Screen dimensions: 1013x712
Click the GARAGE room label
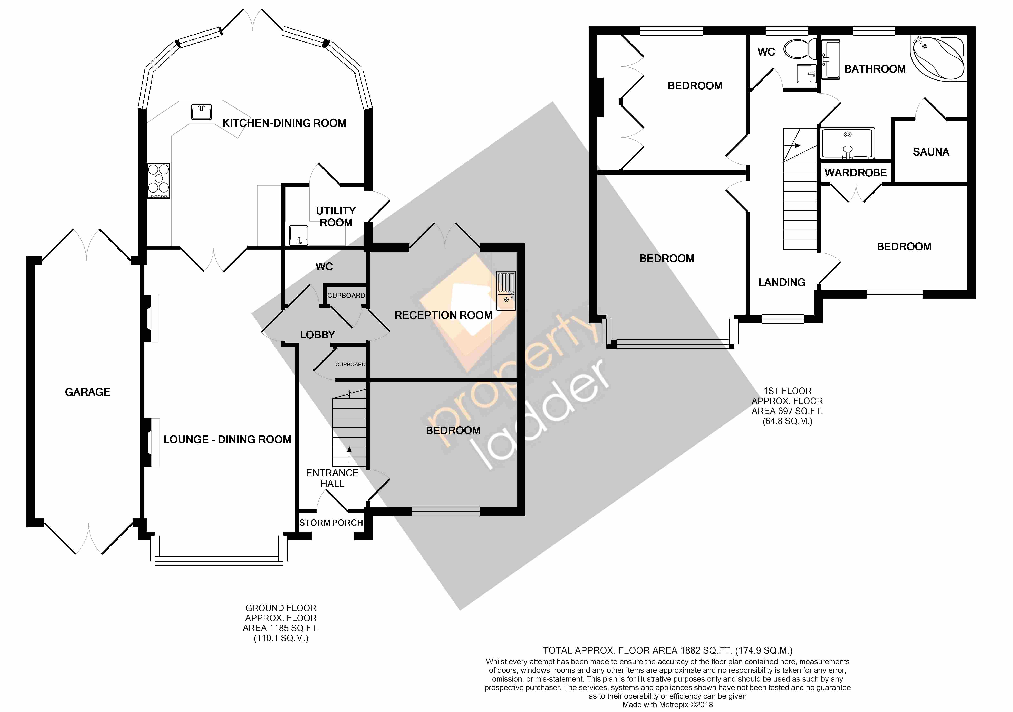[x=87, y=392]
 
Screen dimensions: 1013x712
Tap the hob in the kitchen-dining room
[x=158, y=181]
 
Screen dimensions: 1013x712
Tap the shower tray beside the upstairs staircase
[x=847, y=143]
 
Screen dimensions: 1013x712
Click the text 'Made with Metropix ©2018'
[x=668, y=705]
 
